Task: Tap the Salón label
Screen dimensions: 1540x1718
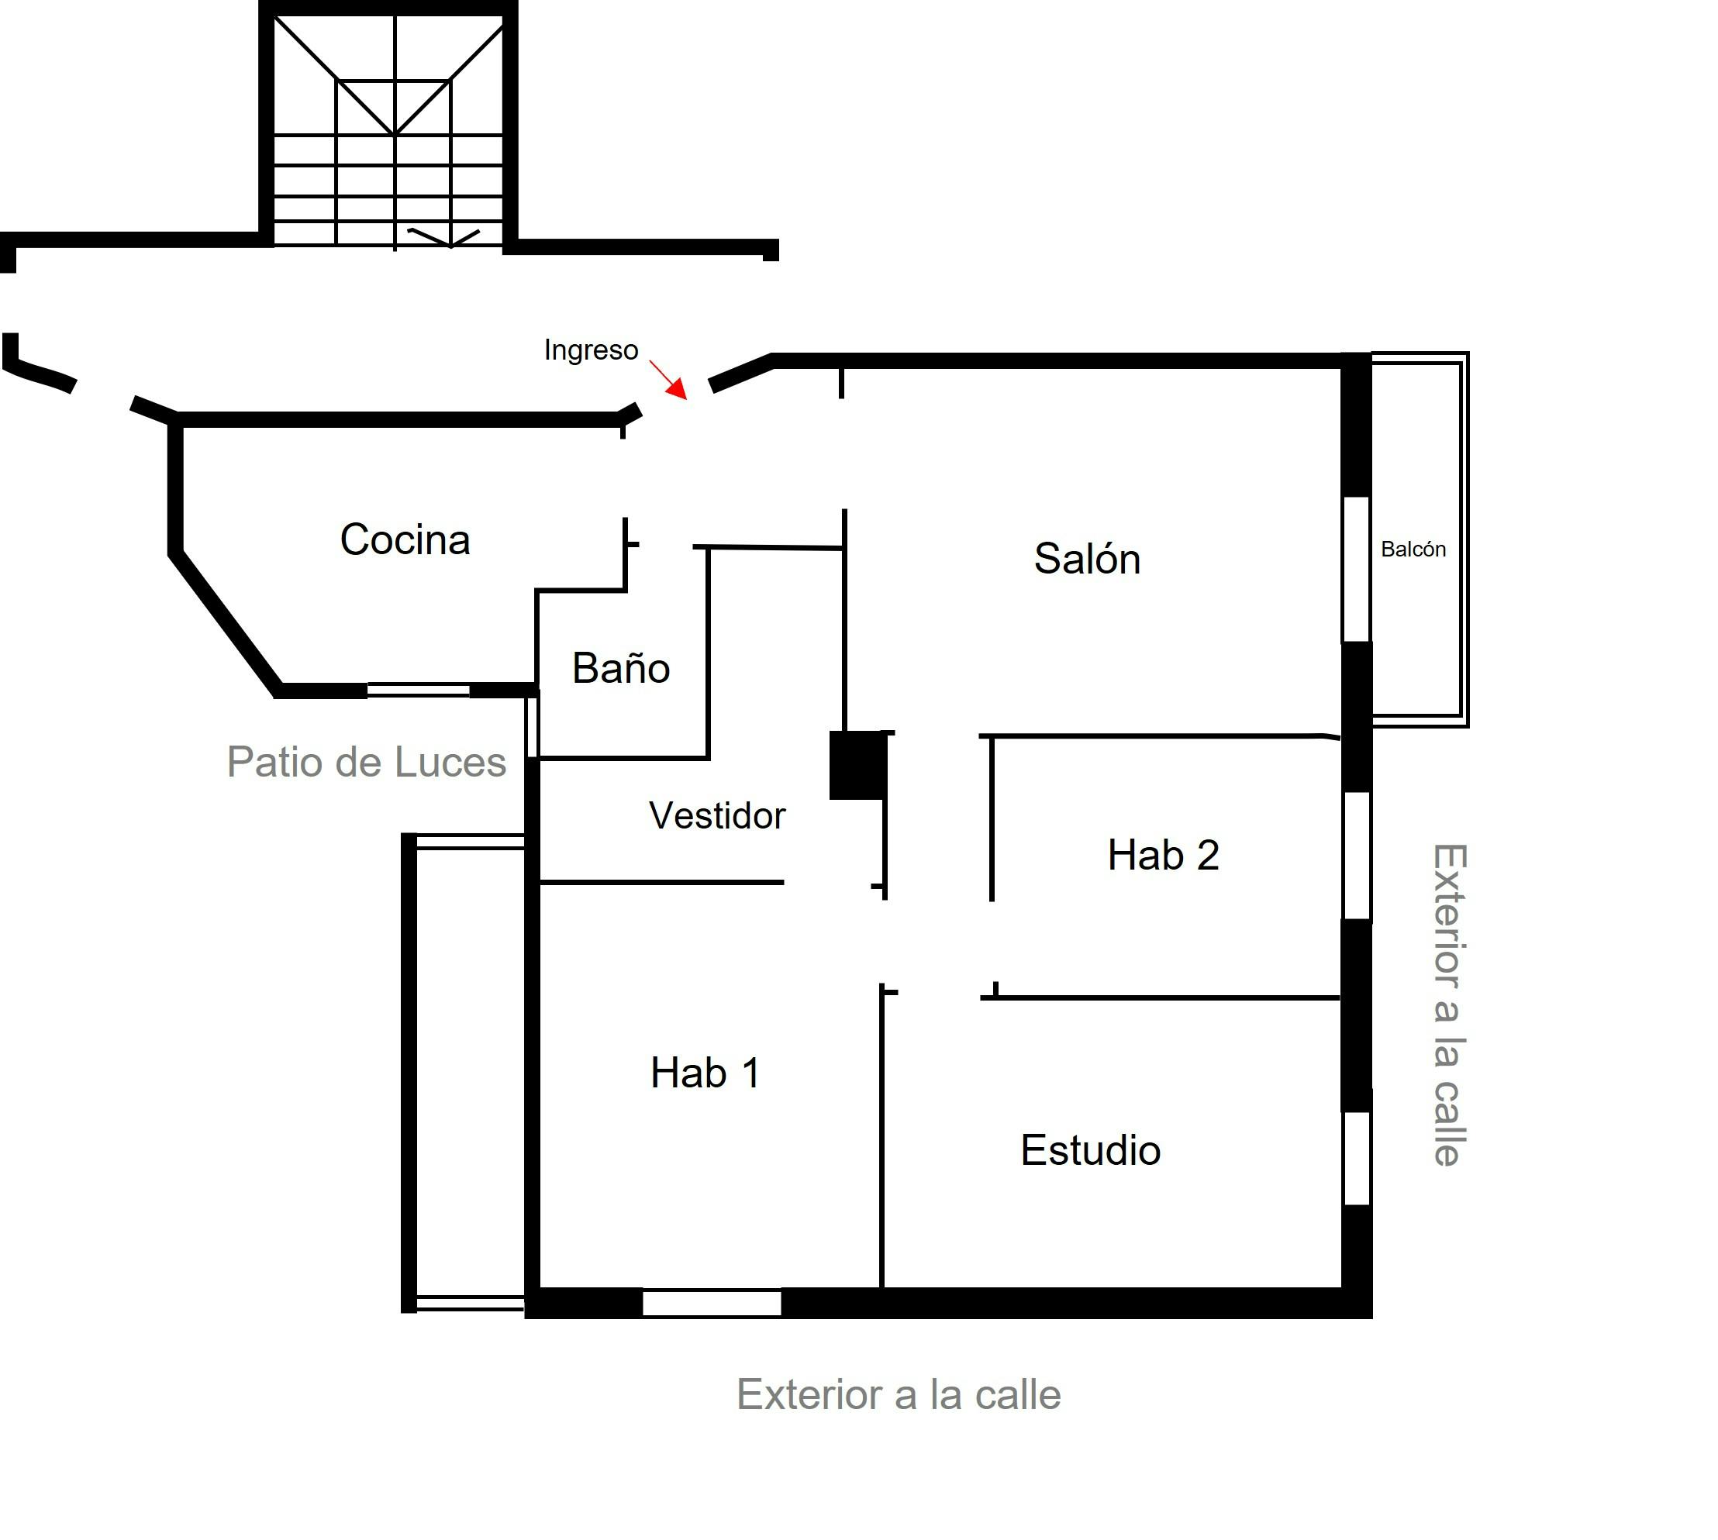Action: point(1087,559)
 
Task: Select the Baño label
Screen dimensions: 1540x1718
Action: point(620,667)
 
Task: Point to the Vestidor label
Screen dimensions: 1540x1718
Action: point(717,815)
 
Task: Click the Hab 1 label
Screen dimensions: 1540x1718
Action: point(704,1073)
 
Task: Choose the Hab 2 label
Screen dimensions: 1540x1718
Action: point(1163,855)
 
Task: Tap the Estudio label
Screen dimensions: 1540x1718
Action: point(1090,1150)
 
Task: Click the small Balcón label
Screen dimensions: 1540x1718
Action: point(1413,550)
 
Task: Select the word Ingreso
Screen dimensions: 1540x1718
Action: point(591,350)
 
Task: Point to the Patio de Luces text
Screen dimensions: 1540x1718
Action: point(367,762)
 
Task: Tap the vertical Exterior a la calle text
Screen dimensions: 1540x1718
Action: point(1449,1005)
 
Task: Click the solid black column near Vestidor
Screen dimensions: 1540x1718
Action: point(857,765)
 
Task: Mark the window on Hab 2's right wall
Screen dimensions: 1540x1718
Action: point(1357,855)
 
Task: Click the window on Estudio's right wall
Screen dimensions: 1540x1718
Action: point(1357,1158)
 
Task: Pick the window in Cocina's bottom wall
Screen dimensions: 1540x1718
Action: point(418,691)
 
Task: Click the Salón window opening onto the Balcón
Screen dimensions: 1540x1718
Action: point(1356,569)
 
